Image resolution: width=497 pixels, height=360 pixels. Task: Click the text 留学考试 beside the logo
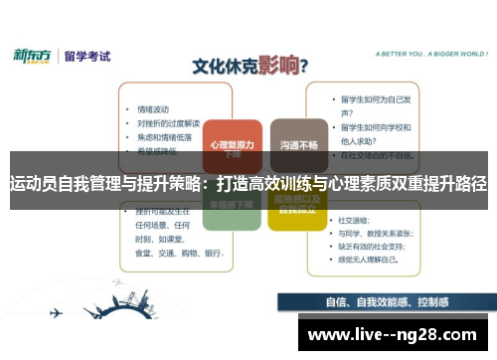click(85, 56)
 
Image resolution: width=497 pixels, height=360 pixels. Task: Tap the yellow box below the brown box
click(297, 206)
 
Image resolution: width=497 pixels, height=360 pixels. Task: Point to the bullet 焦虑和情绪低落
click(165, 136)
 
